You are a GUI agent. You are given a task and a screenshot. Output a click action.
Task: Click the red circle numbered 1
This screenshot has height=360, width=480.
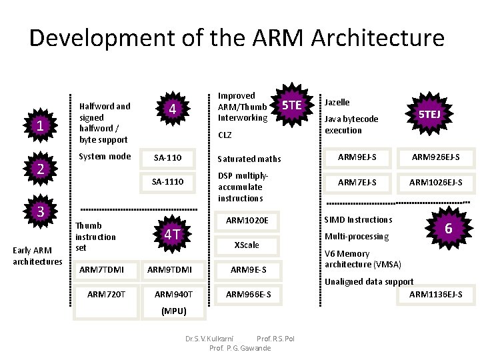[41, 125]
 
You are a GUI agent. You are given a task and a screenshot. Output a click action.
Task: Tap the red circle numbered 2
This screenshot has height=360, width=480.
[41, 169]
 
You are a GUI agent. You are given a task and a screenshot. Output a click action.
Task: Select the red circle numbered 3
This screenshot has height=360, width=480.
[41, 212]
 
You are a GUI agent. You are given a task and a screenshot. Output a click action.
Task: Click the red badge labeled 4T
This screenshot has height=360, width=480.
[172, 233]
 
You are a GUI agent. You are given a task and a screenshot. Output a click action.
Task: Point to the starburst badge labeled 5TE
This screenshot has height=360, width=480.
[291, 105]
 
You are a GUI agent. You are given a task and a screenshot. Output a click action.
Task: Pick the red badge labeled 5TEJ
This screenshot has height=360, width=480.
[429, 115]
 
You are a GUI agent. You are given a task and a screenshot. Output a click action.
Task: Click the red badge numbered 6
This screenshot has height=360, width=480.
[449, 229]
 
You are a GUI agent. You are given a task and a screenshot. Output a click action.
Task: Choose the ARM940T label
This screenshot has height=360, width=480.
[173, 294]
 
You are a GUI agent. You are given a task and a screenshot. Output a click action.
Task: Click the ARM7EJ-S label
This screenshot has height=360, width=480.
[357, 181]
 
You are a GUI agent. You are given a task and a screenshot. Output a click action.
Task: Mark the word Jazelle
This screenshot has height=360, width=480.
[337, 102]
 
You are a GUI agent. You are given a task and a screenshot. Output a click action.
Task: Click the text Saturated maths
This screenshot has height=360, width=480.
[249, 159]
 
